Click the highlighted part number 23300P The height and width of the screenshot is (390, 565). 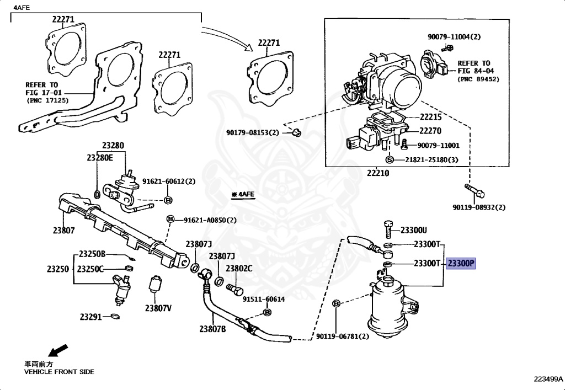pyautogui.click(x=461, y=264)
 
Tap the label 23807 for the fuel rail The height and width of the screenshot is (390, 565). pyautogui.click(x=63, y=231)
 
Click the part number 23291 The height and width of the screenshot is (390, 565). pyautogui.click(x=90, y=317)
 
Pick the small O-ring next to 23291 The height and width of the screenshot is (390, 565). pyautogui.click(x=115, y=317)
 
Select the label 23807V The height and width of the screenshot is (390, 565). pyautogui.click(x=158, y=308)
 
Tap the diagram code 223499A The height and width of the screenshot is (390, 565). pyautogui.click(x=548, y=379)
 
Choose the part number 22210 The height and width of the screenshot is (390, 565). pyautogui.click(x=378, y=173)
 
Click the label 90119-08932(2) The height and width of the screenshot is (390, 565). pyautogui.click(x=479, y=207)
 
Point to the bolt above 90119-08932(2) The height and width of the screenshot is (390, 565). pyautogui.click(x=475, y=191)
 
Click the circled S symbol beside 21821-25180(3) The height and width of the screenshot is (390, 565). pyautogui.click(x=389, y=159)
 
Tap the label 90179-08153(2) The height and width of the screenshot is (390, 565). pyautogui.click(x=253, y=132)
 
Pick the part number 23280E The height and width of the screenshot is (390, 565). pyautogui.click(x=99, y=157)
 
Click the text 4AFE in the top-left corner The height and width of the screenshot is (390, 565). pyautogui.click(x=22, y=7)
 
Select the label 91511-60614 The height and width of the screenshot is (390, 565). pyautogui.click(x=263, y=299)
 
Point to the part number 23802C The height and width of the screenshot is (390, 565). pyautogui.click(x=239, y=268)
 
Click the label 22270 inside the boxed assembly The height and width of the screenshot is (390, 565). pyautogui.click(x=430, y=131)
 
